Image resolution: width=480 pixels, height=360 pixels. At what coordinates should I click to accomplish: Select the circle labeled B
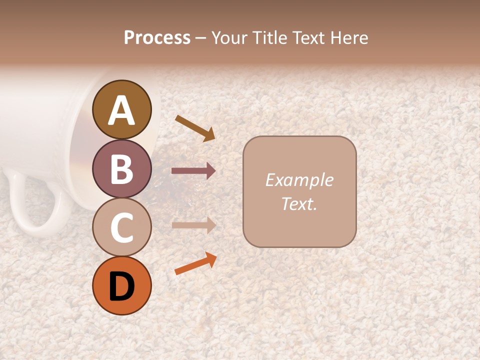122,168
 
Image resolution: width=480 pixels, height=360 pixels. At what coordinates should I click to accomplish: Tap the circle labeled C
122,227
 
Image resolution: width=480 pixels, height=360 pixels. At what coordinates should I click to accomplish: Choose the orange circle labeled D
122,285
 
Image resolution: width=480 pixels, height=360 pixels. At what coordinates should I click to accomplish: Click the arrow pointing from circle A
195,128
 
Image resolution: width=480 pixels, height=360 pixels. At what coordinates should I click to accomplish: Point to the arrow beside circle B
193,171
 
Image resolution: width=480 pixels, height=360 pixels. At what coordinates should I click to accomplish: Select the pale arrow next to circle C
193,225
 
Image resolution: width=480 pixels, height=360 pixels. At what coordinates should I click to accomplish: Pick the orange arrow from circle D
195,263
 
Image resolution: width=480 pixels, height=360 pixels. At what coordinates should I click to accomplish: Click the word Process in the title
157,37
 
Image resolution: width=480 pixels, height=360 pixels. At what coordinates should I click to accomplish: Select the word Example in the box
299,180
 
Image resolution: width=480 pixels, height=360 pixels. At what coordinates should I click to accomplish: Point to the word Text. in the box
299,203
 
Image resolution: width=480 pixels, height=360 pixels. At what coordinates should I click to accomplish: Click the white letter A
122,110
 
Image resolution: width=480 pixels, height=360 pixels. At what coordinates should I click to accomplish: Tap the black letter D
122,286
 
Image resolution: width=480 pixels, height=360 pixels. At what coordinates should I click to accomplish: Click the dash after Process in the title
201,38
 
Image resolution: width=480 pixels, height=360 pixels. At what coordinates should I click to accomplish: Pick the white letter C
122,227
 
